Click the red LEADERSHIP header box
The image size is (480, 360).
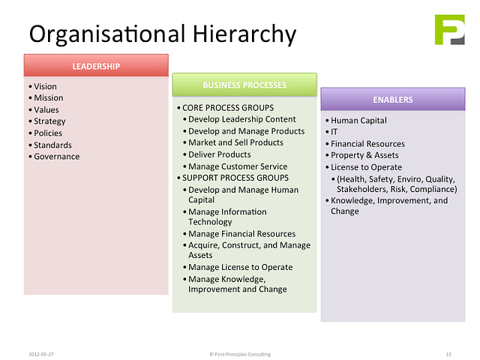coord(96,65)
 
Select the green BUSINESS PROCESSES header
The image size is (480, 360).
coord(244,85)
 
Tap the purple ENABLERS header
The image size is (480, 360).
coord(393,99)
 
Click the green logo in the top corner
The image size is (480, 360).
coord(450,30)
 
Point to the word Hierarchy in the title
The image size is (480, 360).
coord(244,34)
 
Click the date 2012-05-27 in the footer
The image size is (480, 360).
coord(41,354)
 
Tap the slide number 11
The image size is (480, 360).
coord(448,354)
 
